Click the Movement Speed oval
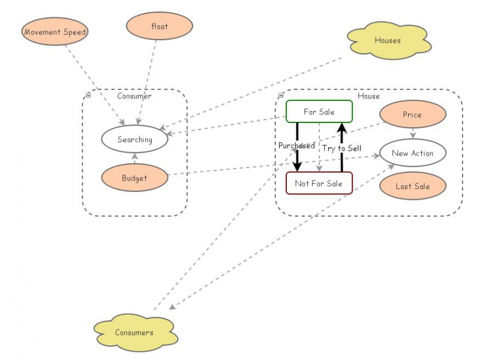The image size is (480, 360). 55,31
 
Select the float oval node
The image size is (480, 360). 160,26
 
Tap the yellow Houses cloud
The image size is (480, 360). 388,41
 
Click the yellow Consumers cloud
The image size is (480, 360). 134,332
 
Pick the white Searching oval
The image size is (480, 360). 134,139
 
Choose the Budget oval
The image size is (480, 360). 134,178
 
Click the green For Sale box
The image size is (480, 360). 319,112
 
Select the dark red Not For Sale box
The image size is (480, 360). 319,184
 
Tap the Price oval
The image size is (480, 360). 412,115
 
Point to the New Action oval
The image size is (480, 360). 412,153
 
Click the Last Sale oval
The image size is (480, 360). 412,186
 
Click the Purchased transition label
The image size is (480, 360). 296,146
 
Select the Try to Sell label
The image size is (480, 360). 341,148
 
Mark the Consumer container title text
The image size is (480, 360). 134,96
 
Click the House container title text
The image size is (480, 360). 368,96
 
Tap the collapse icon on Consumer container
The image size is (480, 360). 88,95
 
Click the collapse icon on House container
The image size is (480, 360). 281,95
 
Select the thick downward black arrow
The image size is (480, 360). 297,159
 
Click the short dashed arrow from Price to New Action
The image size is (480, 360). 412,133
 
